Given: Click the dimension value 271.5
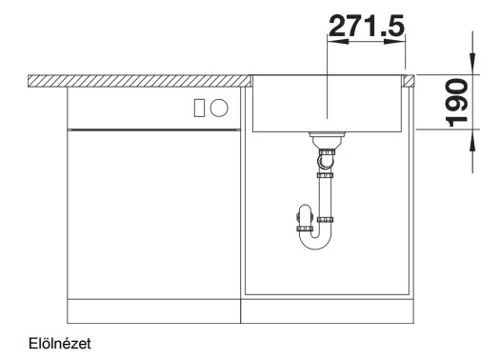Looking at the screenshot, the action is tap(367, 26).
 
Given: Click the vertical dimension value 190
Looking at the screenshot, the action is tap(457, 102).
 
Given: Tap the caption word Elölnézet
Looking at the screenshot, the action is tap(60, 344).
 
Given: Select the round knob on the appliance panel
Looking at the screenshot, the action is tap(219, 108).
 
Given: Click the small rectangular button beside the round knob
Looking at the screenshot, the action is tap(199, 108).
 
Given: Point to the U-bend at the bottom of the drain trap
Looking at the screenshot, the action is tap(315, 241).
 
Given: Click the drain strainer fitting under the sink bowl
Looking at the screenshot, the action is tap(328, 139).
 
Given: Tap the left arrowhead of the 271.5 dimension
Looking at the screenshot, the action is tap(338, 42).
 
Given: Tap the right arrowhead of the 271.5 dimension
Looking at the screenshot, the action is tap(395, 42).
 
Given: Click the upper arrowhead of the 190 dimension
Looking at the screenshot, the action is tap(472, 65).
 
